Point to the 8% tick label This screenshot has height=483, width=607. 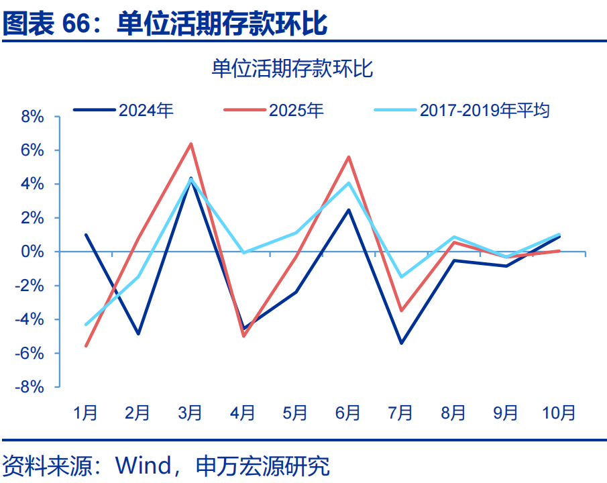click(x=32, y=117)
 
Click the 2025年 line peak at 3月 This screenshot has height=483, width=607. click(x=190, y=144)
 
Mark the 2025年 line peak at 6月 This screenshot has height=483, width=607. click(x=349, y=156)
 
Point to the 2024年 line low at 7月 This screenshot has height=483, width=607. click(x=401, y=343)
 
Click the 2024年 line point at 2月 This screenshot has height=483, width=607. click(x=138, y=333)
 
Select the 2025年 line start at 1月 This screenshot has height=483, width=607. click(x=86, y=346)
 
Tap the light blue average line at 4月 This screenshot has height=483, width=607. click(x=243, y=253)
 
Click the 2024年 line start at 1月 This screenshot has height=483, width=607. click(x=86, y=235)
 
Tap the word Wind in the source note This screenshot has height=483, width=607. click(x=144, y=465)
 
